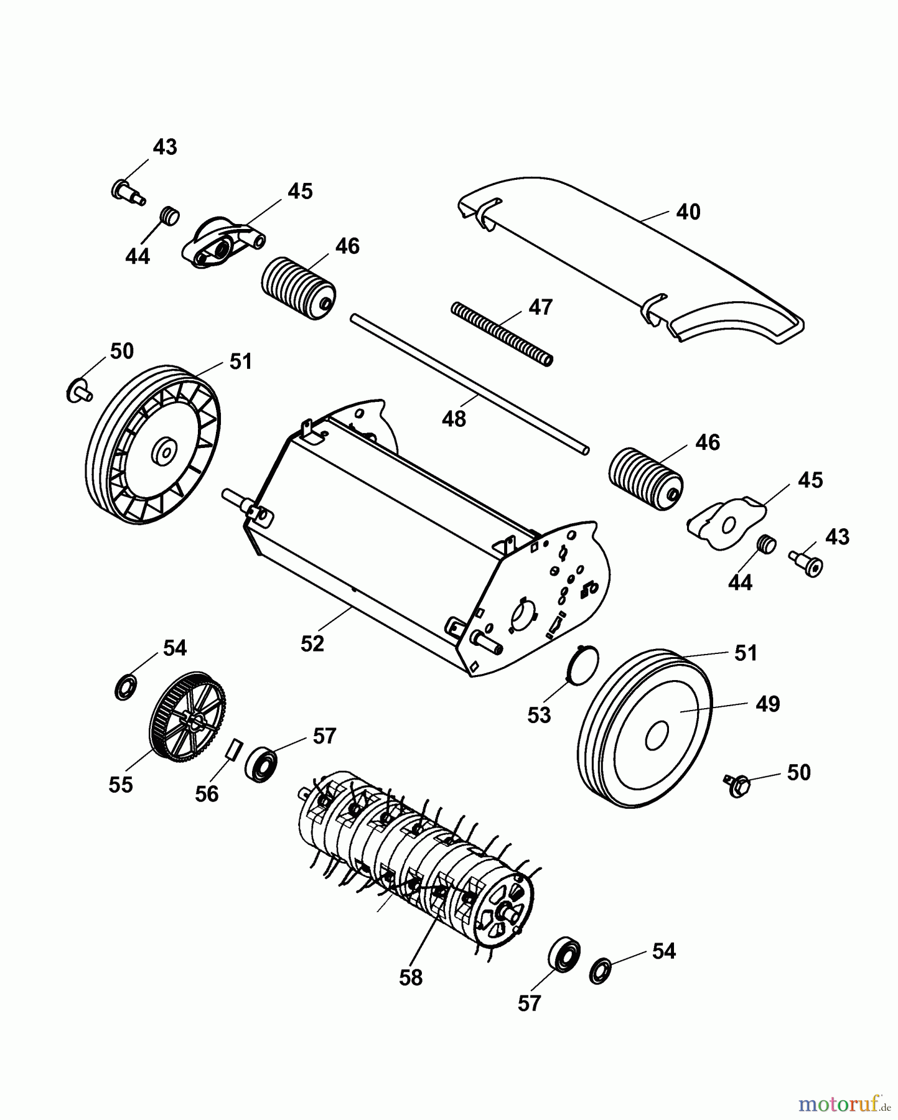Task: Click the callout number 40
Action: [x=688, y=212]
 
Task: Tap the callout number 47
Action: [x=540, y=307]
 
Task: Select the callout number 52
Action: [x=312, y=644]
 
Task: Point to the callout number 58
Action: [x=411, y=978]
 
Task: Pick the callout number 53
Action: [x=539, y=716]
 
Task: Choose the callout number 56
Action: [x=207, y=793]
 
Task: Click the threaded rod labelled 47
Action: [x=502, y=335]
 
